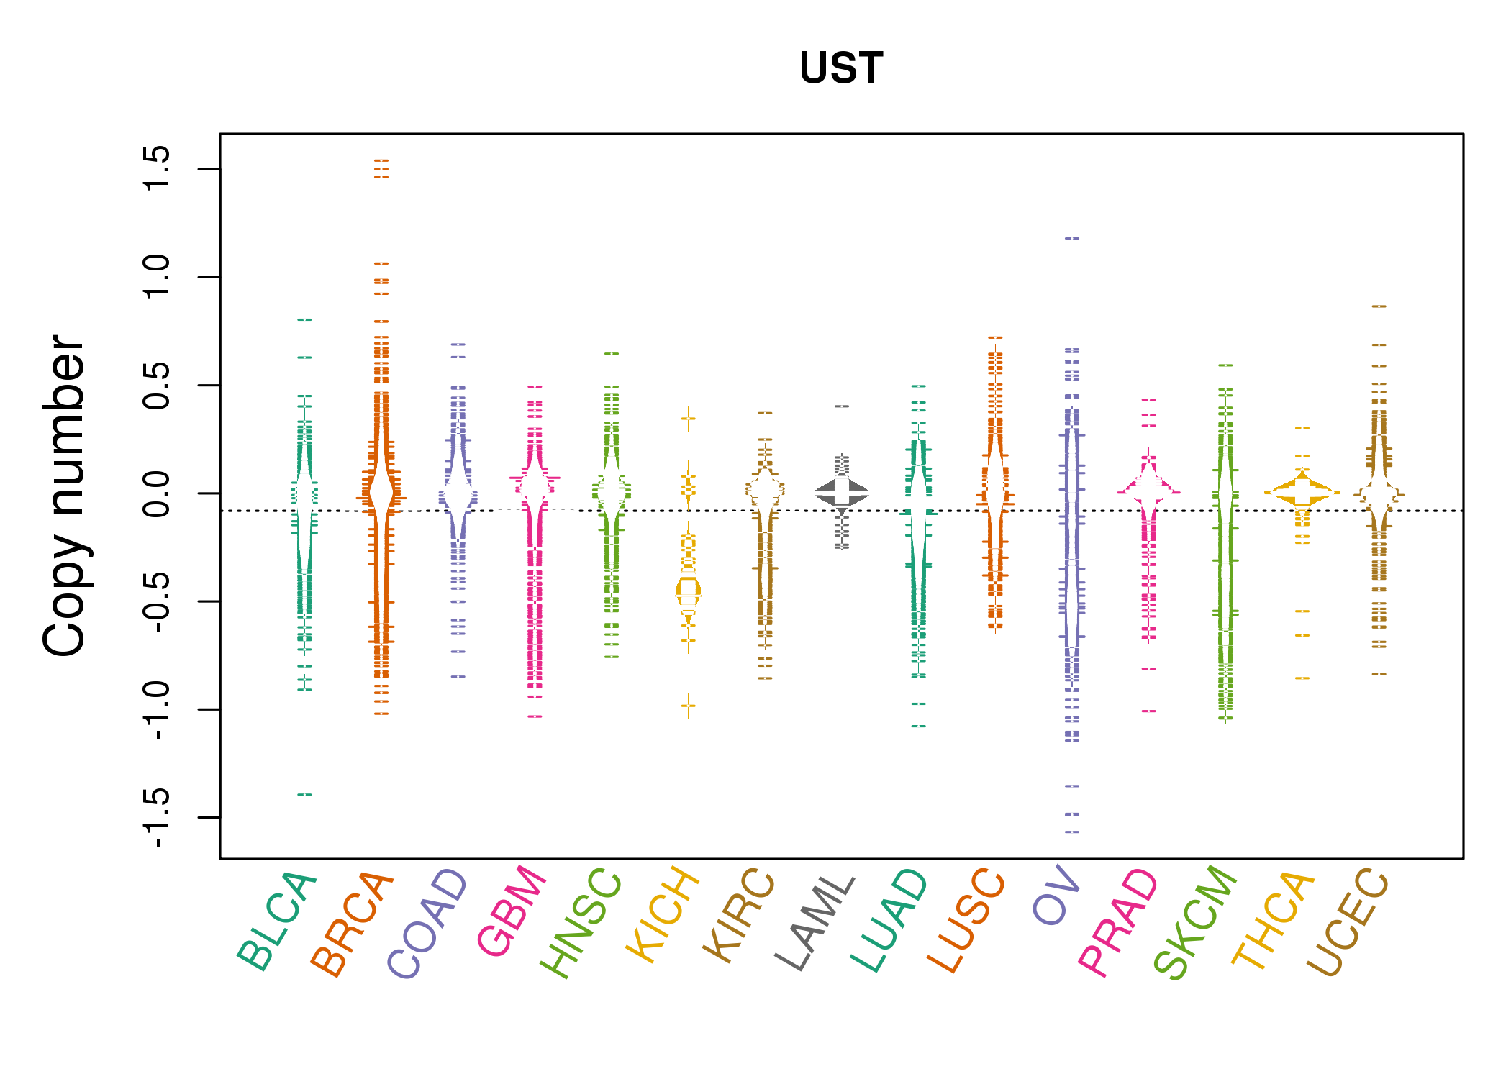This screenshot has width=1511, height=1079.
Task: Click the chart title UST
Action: tap(840, 68)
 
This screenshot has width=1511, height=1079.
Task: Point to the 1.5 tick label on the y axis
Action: tap(156, 168)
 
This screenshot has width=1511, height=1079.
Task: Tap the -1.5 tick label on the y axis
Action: tap(156, 818)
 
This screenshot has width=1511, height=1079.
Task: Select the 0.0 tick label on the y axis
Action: tap(156, 493)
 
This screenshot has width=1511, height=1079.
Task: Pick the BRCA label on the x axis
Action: tap(352, 924)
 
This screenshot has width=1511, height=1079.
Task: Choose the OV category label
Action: tap(1056, 896)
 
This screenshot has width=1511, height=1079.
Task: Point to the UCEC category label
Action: tap(1347, 922)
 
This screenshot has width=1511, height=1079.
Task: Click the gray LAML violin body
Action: tap(842, 493)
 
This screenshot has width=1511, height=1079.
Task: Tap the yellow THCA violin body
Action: tap(1302, 493)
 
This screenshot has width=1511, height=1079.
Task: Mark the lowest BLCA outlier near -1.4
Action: tap(305, 795)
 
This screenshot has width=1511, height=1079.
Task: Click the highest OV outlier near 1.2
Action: tap(1072, 238)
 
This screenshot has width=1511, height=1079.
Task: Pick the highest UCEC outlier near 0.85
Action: tap(1379, 306)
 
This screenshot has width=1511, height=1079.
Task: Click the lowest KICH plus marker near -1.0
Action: tap(689, 706)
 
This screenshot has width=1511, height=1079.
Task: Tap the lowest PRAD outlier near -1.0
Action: tap(1149, 711)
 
